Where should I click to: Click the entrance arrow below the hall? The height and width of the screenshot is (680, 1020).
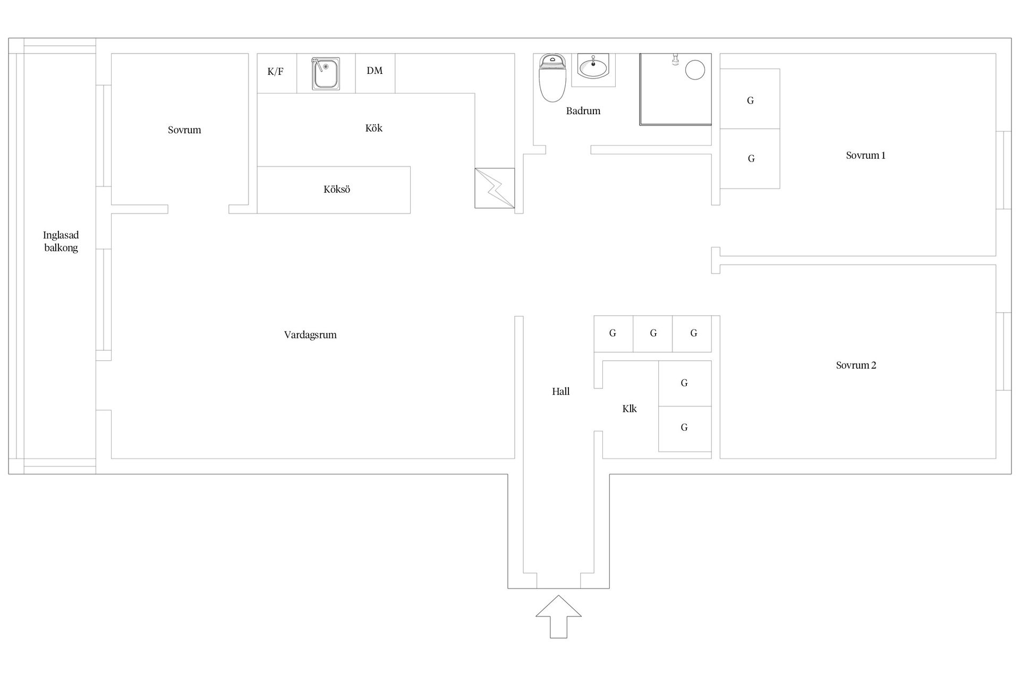point(558,616)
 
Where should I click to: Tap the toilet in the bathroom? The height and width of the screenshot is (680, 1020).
point(552,78)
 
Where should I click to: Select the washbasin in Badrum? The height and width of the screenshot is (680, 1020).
point(593,68)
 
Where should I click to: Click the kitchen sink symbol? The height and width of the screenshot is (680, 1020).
point(326,73)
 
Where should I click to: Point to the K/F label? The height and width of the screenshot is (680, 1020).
point(275,72)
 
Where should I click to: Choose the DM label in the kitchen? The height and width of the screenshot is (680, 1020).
point(375,71)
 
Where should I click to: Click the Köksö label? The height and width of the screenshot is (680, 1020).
point(337,189)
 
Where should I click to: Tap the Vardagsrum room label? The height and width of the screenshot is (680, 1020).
point(310,335)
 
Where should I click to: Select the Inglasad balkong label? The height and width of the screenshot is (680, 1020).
point(61,241)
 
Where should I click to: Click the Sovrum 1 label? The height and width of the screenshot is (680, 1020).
point(865,155)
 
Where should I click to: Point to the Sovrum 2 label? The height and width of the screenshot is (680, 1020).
point(856,365)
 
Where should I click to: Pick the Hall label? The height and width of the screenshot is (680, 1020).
point(560,392)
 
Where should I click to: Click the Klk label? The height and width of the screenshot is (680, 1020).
point(630,409)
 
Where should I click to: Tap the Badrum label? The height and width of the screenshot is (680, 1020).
point(583,111)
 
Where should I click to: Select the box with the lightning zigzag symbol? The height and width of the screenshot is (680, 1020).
point(495,188)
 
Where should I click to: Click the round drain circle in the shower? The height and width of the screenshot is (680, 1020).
point(695,70)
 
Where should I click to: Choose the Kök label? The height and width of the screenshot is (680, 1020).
point(373,128)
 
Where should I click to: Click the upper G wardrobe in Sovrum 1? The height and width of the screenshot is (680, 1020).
point(750,99)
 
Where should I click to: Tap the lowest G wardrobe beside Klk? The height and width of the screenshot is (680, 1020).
point(685,429)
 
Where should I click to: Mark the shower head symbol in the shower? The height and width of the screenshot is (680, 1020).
point(675,59)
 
